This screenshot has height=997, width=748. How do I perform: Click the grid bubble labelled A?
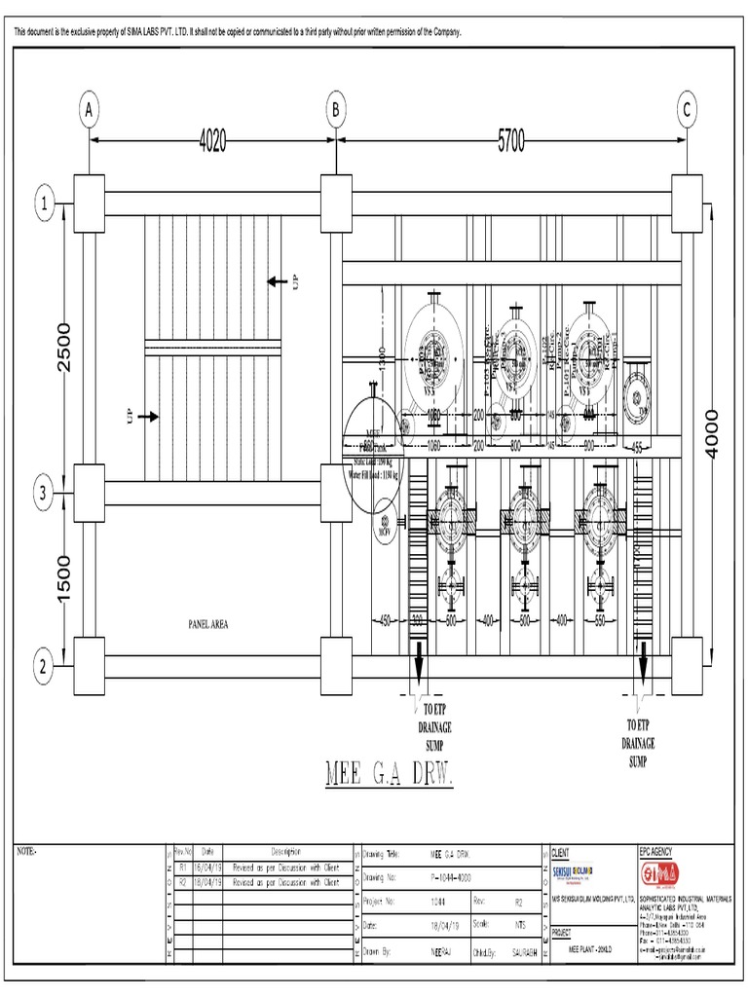click(90, 111)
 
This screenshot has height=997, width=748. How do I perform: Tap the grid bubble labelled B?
click(336, 111)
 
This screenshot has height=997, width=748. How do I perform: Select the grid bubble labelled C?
click(687, 111)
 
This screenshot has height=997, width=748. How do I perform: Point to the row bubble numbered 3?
click(44, 495)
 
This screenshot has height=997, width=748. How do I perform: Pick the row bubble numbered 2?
click(44, 667)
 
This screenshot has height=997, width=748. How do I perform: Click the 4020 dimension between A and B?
click(212, 141)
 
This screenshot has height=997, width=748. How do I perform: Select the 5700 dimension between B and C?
click(511, 141)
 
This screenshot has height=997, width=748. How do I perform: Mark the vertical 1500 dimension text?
click(64, 578)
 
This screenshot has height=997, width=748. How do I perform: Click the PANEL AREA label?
click(201, 625)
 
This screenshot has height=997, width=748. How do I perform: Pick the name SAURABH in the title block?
click(519, 947)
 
